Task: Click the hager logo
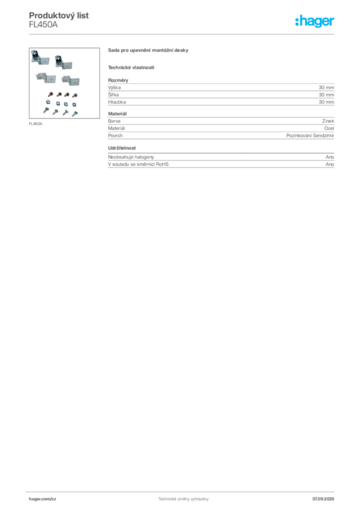click(x=315, y=21)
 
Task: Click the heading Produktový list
click(x=59, y=15)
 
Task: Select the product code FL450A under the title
click(x=43, y=25)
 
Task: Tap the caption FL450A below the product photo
click(x=36, y=124)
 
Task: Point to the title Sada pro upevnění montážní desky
click(x=148, y=50)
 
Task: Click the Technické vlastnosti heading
click(x=131, y=68)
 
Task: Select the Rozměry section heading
click(x=118, y=80)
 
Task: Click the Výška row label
click(x=114, y=87)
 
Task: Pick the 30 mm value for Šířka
click(x=326, y=95)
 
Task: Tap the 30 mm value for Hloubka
click(x=326, y=102)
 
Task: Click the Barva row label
click(x=114, y=121)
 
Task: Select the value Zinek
click(x=328, y=121)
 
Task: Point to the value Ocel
click(x=329, y=128)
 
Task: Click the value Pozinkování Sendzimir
click(x=310, y=136)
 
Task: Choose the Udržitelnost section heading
click(x=122, y=148)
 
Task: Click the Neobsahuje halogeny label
click(x=131, y=157)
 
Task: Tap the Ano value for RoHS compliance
click(x=330, y=164)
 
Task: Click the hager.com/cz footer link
click(x=43, y=499)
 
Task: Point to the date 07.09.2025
click(x=323, y=499)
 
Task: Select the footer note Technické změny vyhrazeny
click(x=183, y=499)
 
